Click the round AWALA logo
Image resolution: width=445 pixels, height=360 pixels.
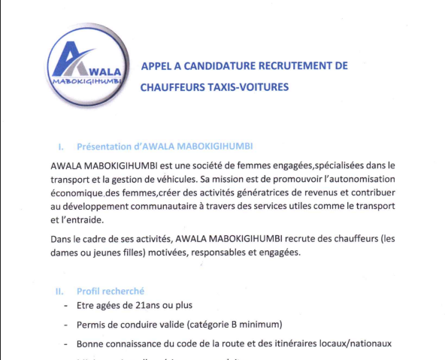point(82,63)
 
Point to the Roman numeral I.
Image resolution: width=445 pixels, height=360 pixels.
point(60,147)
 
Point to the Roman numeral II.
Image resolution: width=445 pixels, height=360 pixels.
point(60,291)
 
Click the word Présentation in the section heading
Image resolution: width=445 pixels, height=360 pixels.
point(104,147)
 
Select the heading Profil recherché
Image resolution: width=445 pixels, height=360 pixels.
point(110,291)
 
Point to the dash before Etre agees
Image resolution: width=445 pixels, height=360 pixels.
point(65,307)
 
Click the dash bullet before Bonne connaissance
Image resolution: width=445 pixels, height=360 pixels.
point(65,343)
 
